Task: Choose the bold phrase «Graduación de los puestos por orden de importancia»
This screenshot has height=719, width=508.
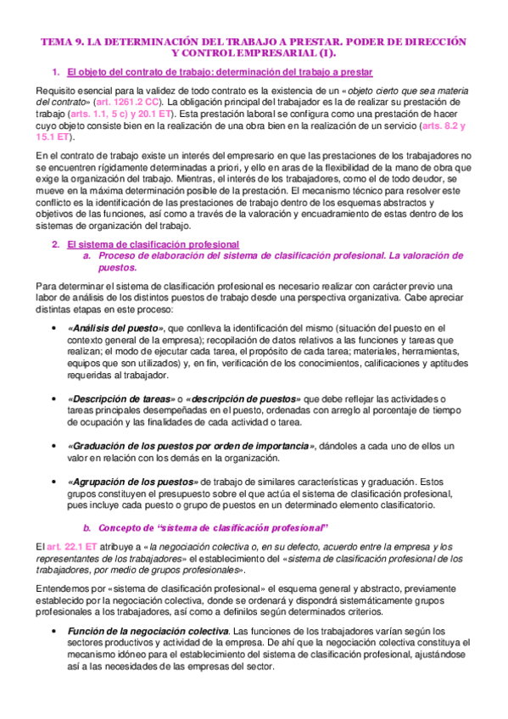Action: [x=191, y=446]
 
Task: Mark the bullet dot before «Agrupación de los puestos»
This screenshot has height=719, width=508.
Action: [x=55, y=482]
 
